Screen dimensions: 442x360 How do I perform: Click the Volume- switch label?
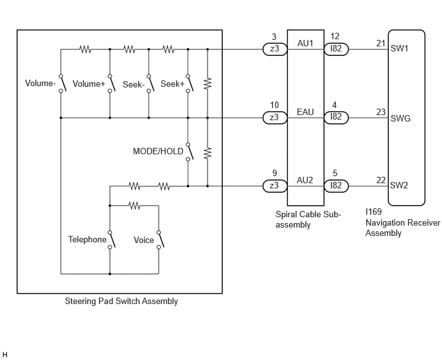(x=40, y=83)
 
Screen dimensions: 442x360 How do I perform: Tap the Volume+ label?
(x=89, y=84)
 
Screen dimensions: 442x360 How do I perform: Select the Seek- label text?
(x=134, y=84)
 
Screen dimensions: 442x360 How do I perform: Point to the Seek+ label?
(x=173, y=84)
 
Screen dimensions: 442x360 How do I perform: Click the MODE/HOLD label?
(x=158, y=152)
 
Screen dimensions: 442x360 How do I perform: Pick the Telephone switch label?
(x=87, y=240)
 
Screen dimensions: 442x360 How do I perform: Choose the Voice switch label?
(x=144, y=240)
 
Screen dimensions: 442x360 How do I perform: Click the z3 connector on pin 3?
(x=275, y=49)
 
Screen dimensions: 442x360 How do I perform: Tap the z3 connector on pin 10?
(x=275, y=118)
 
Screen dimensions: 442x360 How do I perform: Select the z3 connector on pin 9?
(x=275, y=186)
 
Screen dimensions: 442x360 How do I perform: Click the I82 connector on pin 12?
(x=336, y=49)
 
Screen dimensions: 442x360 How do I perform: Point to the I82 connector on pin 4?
(x=336, y=118)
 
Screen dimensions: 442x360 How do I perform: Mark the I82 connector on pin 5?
(x=336, y=186)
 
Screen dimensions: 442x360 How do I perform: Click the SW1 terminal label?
(x=400, y=49)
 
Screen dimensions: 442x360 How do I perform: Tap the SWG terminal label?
(x=401, y=118)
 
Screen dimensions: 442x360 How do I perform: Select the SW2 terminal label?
(x=399, y=185)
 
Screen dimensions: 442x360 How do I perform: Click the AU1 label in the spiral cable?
(x=305, y=44)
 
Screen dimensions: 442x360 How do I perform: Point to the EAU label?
(x=305, y=113)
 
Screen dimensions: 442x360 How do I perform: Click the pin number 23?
(x=381, y=112)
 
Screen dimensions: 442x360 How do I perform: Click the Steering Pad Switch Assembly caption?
(x=121, y=301)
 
